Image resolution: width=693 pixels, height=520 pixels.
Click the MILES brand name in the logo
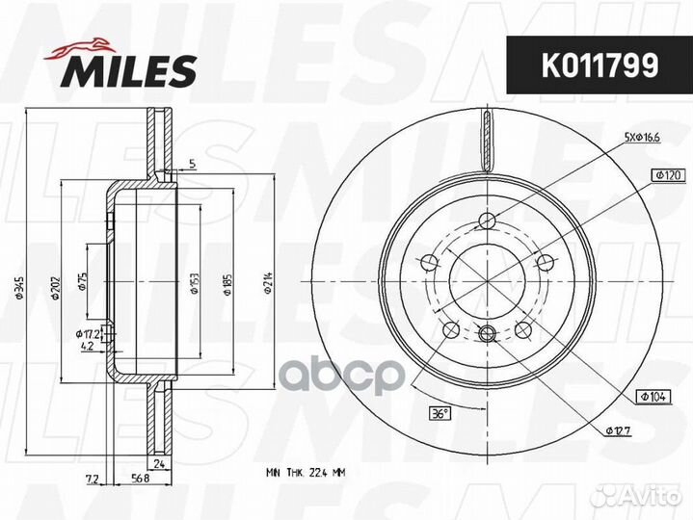click(x=130, y=69)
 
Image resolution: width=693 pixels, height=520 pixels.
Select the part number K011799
click(x=590, y=65)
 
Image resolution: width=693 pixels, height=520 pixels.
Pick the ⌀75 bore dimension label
click(x=84, y=280)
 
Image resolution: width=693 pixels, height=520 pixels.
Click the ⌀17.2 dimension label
click(x=88, y=333)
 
